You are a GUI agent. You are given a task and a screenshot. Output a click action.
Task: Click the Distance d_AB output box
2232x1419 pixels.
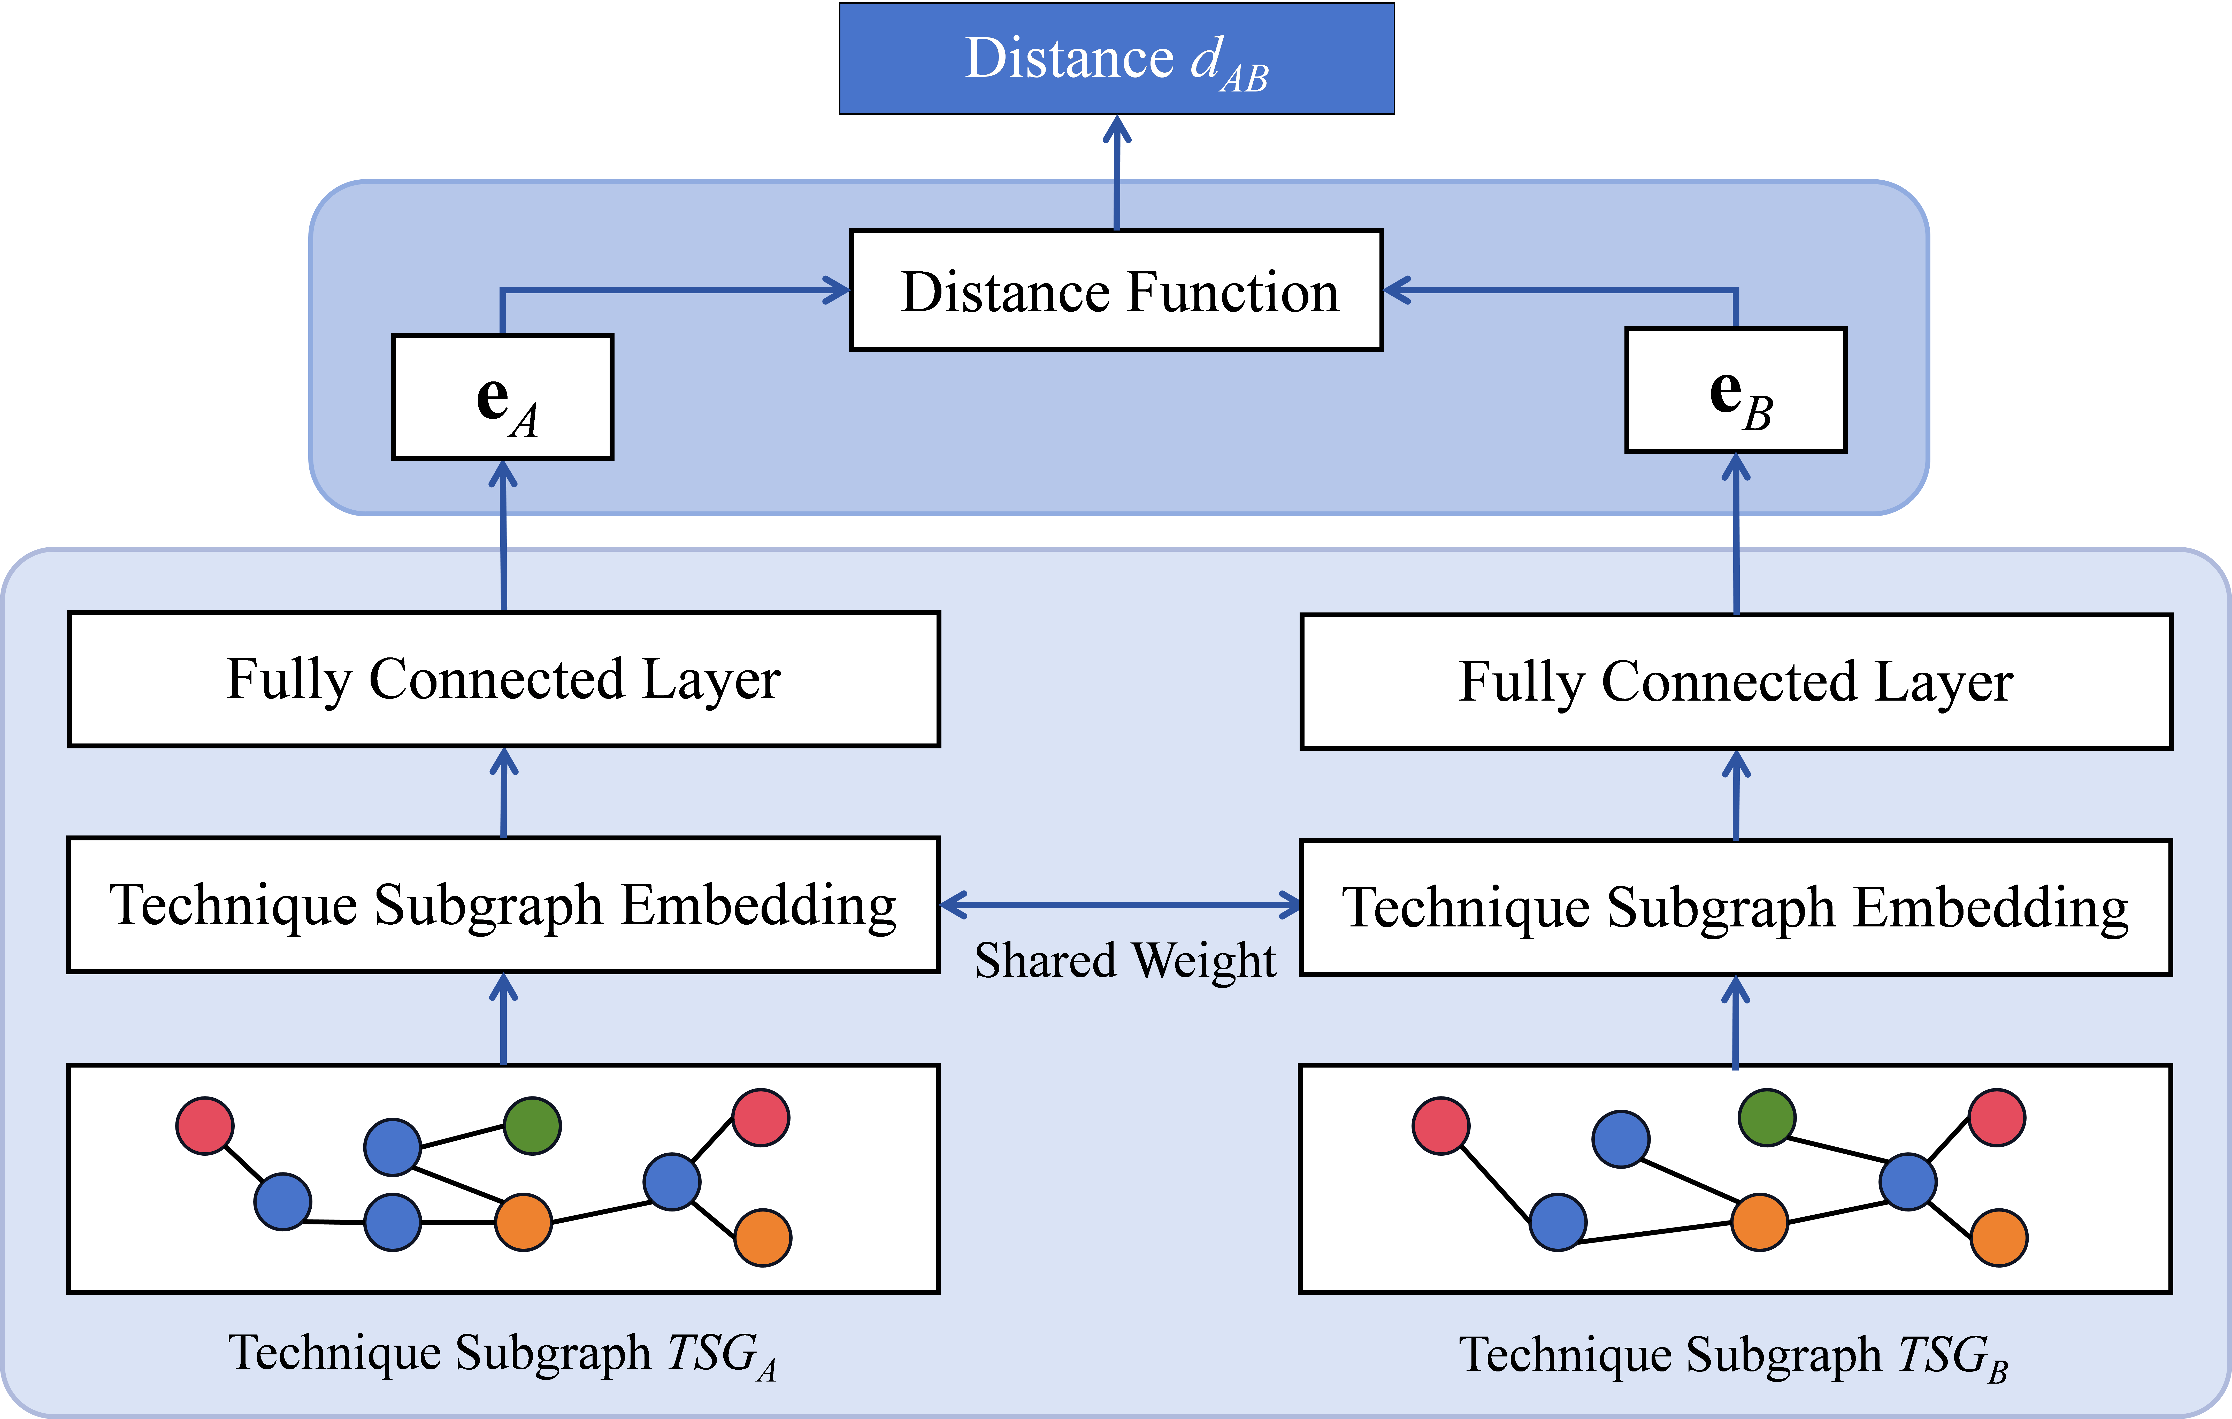pos(1116,58)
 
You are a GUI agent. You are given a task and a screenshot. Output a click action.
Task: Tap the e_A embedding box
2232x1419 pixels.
pos(502,397)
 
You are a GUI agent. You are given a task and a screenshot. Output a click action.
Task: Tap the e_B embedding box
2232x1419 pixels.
pos(1735,390)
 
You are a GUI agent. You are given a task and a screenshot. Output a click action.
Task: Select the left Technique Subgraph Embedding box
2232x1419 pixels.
pos(503,904)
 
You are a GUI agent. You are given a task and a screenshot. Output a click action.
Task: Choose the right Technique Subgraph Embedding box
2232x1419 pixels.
pos(1735,907)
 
